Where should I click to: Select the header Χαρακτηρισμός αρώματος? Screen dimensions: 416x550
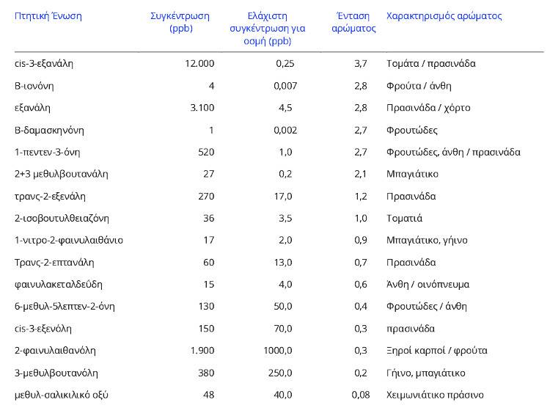[444, 16]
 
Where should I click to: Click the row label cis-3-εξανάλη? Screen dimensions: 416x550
[44, 64]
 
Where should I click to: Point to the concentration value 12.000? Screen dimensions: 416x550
[199, 64]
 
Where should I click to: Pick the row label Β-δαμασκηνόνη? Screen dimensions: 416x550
[49, 131]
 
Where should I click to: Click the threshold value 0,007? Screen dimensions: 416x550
[285, 86]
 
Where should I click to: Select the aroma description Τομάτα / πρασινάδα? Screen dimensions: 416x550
[431, 64]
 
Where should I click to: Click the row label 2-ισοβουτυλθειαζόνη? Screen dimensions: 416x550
[59, 219]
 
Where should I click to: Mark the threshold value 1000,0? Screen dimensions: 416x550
[278, 351]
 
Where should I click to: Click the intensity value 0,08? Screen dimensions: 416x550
[360, 395]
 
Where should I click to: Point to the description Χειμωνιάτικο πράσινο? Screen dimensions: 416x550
[435, 395]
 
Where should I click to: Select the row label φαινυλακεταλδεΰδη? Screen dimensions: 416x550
[59, 285]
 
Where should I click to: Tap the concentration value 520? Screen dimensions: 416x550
[206, 153]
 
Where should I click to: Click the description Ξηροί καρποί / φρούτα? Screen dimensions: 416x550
[436, 351]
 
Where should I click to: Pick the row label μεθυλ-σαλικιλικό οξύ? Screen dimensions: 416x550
[62, 395]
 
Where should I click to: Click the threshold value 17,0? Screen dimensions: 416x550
[282, 197]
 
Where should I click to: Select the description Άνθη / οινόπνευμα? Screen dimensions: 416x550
[428, 285]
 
